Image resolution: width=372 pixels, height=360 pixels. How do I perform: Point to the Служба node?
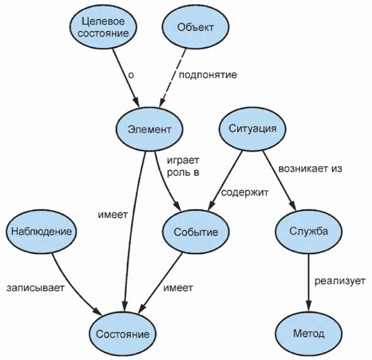click(x=308, y=231)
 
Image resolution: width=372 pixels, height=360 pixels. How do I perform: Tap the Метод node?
click(x=308, y=333)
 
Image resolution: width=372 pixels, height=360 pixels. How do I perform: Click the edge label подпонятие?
click(x=207, y=75)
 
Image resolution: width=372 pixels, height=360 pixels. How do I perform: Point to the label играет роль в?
click(x=183, y=166)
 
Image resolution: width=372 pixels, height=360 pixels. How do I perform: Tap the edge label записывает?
click(x=35, y=286)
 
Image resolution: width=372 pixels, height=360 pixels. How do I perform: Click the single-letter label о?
click(x=131, y=75)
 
